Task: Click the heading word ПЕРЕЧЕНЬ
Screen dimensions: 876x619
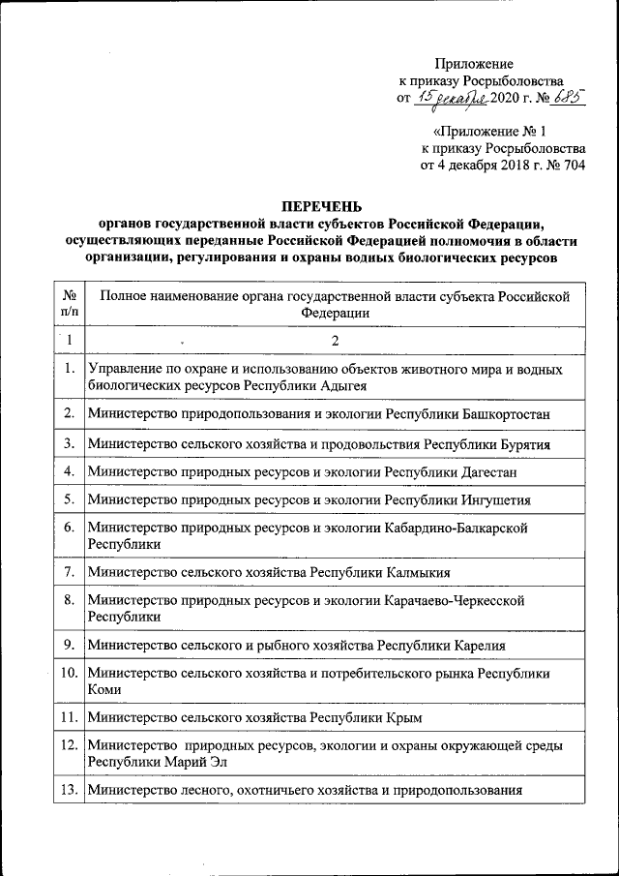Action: click(320, 206)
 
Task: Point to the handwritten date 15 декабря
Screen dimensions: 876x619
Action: click(453, 97)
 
